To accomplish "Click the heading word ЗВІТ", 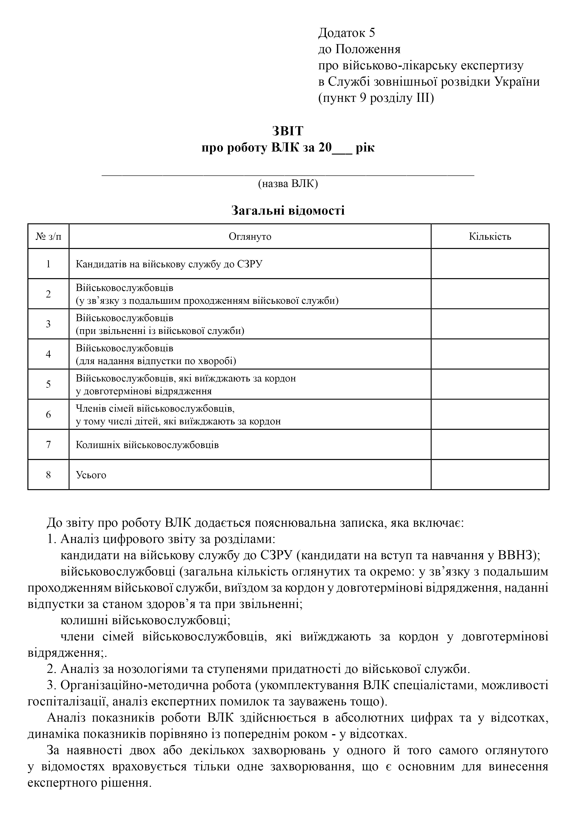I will click(x=288, y=131).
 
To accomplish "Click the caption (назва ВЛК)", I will click(x=288, y=183).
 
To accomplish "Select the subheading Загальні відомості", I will click(x=288, y=211).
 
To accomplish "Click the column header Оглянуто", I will click(x=250, y=236).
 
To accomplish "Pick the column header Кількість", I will click(x=490, y=236).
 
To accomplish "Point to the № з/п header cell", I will click(x=48, y=236).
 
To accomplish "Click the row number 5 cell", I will click(x=48, y=384).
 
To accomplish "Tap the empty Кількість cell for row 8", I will click(x=490, y=475).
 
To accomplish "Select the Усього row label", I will click(x=91, y=475).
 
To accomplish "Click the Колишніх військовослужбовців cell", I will click(x=147, y=445).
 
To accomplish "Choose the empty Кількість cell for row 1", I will click(x=490, y=264).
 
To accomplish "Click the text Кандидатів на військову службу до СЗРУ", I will click(x=169, y=264).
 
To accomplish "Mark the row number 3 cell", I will click(x=48, y=324).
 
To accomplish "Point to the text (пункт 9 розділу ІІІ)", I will click(x=376, y=98).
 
